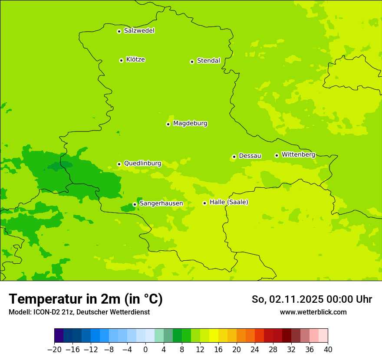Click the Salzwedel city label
coord(139,31)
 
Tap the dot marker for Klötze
coord(121,60)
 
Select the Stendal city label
coord(208,61)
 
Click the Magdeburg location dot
coord(168,124)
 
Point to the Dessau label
coord(250,156)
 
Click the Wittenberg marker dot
coord(277,155)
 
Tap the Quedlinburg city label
coord(142,164)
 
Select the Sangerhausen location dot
coord(135,204)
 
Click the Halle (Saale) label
coord(229,202)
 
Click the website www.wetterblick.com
coord(313,312)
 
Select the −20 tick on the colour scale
coord(54,350)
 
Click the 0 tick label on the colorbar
coord(145,350)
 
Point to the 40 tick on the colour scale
coord(328,350)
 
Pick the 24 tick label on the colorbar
coord(255,350)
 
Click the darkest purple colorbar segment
coord(59,336)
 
